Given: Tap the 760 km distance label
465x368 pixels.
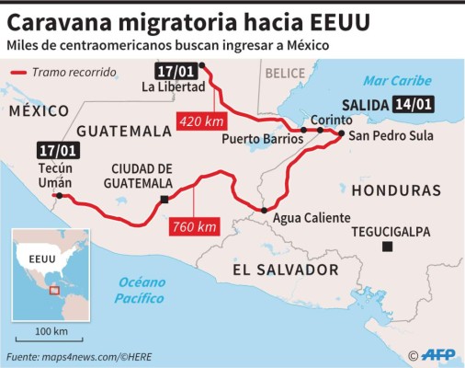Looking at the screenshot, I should [x=194, y=226].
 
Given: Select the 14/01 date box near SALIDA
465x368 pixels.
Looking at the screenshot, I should [x=413, y=104].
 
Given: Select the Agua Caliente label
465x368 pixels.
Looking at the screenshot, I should [x=312, y=217].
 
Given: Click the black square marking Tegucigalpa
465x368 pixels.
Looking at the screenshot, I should [x=389, y=246].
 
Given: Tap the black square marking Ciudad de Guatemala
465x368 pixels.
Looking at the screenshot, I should [x=164, y=200].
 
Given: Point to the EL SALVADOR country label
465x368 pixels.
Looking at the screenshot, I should [x=286, y=270].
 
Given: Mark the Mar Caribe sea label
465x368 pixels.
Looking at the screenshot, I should [x=397, y=81].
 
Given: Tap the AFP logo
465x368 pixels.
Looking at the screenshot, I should [x=433, y=354].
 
